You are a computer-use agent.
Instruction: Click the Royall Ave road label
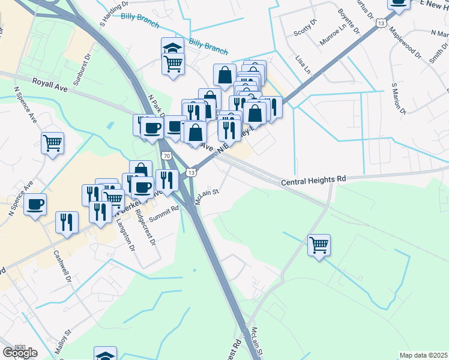[49, 82]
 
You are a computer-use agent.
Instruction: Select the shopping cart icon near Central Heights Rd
[319, 244]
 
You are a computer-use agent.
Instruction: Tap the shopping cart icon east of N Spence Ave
[52, 143]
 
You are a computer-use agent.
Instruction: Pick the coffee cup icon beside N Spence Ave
[35, 204]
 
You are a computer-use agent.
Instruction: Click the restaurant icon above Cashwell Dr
[67, 221]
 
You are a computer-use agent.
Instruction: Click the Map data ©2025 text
[423, 355]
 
